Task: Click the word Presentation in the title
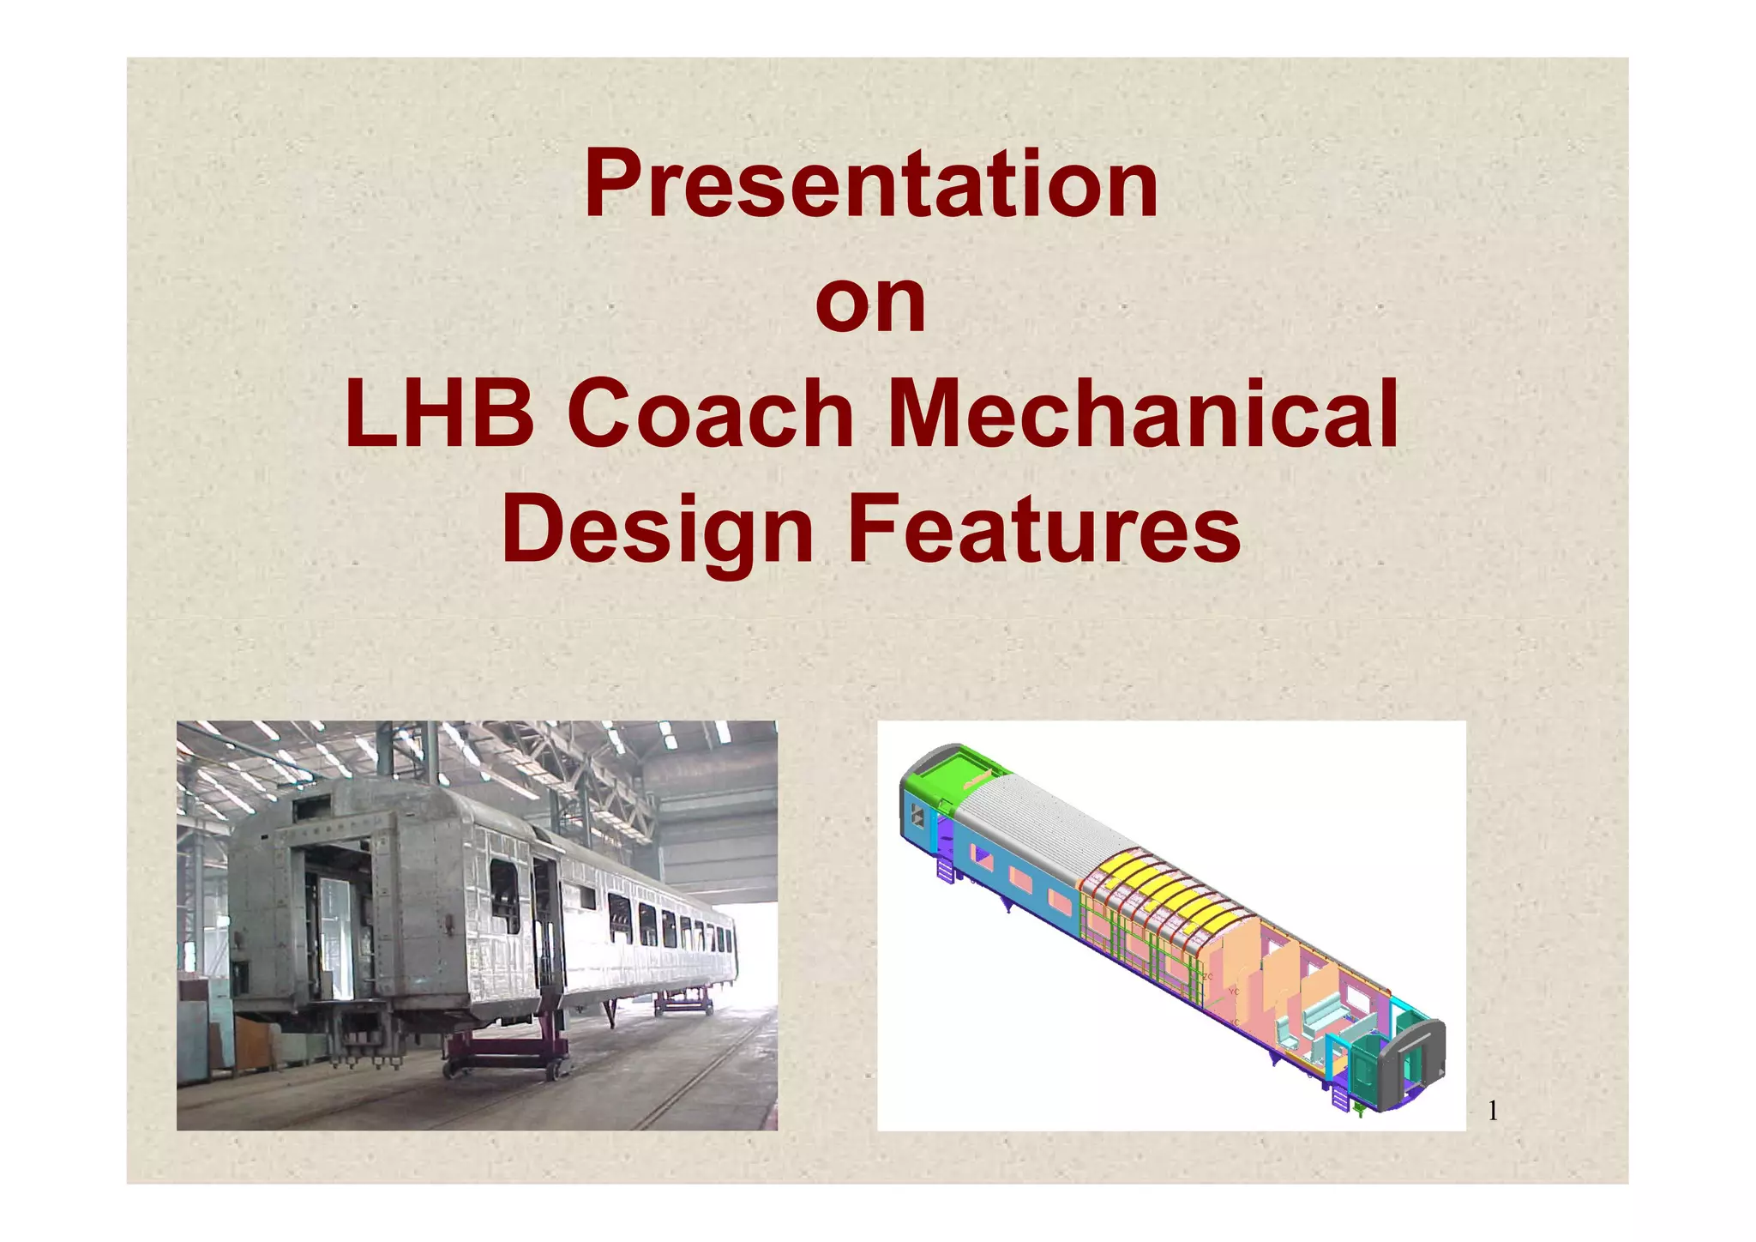[871, 184]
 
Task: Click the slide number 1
[1493, 1112]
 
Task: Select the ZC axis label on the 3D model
[1208, 977]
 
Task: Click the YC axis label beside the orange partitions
[1234, 992]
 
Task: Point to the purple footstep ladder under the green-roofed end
[946, 870]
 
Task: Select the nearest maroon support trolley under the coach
[506, 1055]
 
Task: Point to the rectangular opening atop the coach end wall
[313, 805]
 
